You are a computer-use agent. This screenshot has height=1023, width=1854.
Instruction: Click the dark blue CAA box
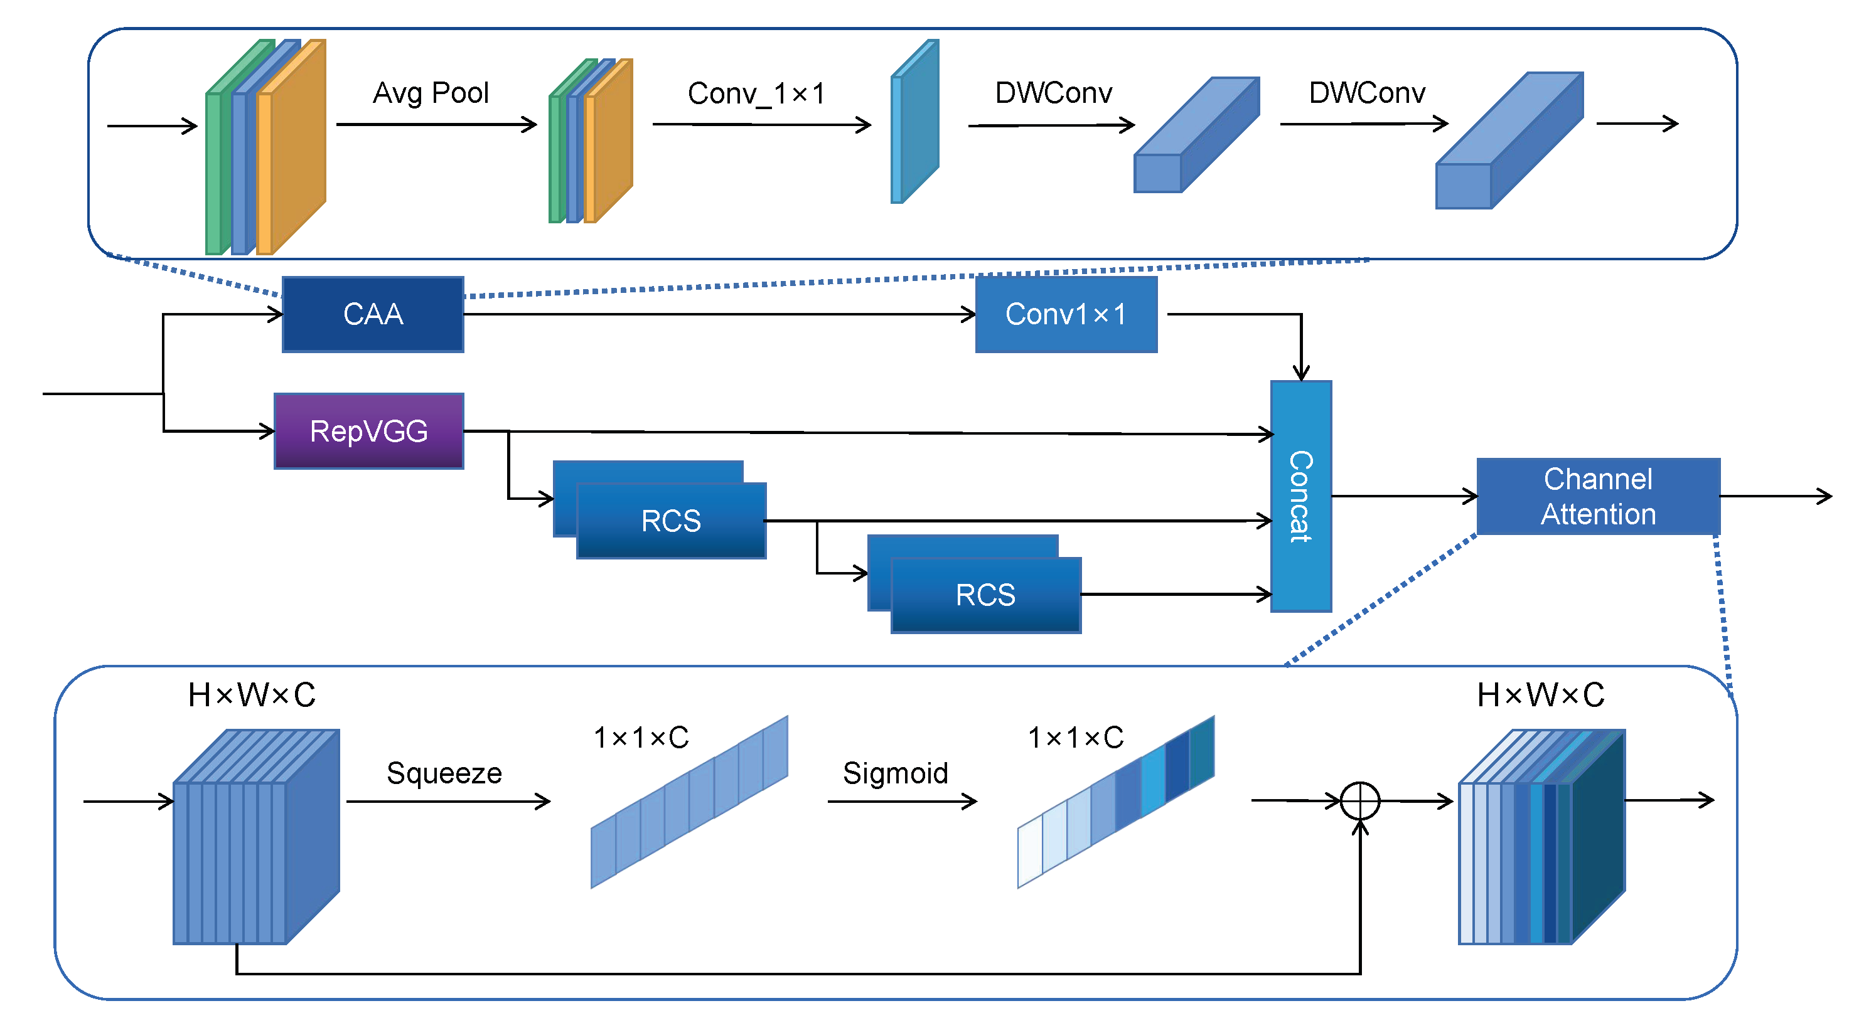(373, 314)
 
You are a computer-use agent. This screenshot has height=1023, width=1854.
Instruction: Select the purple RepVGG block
(368, 431)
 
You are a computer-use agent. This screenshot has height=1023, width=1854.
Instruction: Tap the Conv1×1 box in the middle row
(1066, 314)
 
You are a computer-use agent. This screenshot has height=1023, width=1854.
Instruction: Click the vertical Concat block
(1300, 496)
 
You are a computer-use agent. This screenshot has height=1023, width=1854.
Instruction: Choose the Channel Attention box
(1598, 496)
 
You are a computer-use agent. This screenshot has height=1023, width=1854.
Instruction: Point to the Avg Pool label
(431, 93)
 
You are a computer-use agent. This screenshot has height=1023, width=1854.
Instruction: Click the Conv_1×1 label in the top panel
(756, 93)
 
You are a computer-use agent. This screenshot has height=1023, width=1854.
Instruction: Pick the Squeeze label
(444, 773)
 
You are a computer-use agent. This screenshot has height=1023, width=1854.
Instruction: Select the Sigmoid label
(896, 773)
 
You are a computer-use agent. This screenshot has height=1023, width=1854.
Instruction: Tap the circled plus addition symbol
(1359, 801)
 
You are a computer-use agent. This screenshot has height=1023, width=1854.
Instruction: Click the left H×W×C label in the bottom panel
(251, 695)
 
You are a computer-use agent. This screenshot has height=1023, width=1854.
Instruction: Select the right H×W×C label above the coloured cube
(1540, 695)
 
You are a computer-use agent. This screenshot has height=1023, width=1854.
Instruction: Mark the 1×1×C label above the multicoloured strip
(1075, 738)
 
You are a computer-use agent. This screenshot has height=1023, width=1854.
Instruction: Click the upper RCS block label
(671, 521)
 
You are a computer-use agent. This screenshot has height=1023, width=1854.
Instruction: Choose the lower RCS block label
(985, 595)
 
